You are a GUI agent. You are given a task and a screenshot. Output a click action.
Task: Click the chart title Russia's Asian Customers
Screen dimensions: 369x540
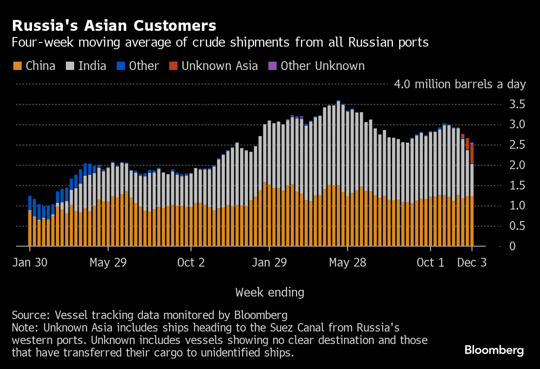coord(114,26)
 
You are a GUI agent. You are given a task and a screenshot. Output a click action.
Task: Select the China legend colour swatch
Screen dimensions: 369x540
coord(17,66)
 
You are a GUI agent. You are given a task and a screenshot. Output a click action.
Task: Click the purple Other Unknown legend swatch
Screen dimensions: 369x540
coord(272,66)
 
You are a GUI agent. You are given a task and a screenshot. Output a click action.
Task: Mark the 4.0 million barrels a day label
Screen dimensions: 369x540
coord(460,85)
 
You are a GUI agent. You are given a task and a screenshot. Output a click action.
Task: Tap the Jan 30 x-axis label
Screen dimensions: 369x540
coord(30,263)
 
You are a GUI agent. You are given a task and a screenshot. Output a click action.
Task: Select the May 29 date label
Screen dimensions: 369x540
coord(108,263)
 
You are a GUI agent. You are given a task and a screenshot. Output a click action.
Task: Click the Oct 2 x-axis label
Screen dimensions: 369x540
coord(191,263)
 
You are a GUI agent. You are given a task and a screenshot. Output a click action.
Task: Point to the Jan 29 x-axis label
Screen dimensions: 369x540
coord(269,263)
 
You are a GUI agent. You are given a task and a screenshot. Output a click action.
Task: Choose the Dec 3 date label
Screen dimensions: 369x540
coord(472,263)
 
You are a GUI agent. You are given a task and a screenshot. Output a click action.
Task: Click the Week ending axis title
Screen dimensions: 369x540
coord(270,292)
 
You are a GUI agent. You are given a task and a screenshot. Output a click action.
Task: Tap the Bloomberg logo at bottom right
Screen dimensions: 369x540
coord(494,350)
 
